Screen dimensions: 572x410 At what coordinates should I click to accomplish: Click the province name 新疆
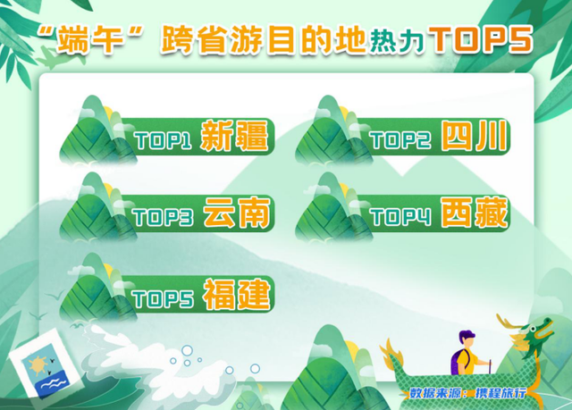pos(234,136)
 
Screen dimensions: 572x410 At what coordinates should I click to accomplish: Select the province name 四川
pos(475,136)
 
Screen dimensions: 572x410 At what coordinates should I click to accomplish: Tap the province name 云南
pos(237,213)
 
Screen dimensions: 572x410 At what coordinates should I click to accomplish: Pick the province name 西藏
pos(475,213)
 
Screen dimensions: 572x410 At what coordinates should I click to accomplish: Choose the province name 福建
pos(237,295)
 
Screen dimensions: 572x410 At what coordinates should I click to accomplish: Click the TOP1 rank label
pos(163,140)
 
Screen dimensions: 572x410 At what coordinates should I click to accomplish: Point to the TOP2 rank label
pos(400,140)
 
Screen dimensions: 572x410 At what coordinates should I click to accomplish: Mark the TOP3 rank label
pos(163,217)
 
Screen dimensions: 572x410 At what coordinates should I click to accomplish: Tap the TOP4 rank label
pos(400,217)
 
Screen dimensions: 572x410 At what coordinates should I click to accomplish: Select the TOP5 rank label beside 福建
pos(163,299)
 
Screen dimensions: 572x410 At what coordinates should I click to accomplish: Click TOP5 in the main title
pos(482,38)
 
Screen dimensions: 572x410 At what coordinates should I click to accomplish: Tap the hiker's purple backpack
pos(457,362)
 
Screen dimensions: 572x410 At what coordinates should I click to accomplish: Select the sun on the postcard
pos(38,365)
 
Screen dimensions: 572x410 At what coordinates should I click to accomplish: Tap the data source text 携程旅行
pos(500,393)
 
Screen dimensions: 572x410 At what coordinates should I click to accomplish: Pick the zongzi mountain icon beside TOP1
pos(98,130)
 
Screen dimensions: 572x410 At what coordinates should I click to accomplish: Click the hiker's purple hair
pos(467,336)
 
